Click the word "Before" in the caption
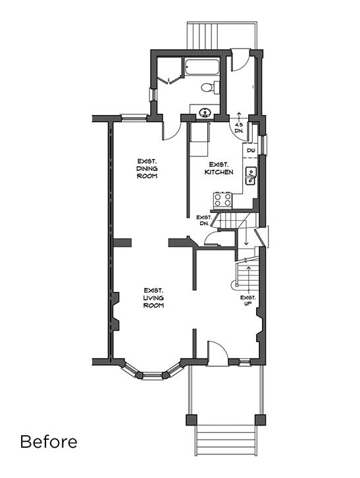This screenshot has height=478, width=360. (x=48, y=441)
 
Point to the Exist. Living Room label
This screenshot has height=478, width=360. (x=153, y=298)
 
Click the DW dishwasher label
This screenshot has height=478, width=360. (x=251, y=151)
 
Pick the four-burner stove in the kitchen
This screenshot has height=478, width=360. (x=222, y=199)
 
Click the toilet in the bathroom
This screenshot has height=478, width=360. (x=207, y=87)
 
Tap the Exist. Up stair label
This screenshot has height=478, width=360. (x=248, y=302)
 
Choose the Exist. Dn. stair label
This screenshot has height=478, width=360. (x=204, y=220)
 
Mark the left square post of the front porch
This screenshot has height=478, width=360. (x=191, y=419)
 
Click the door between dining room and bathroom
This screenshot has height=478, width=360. (x=171, y=128)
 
